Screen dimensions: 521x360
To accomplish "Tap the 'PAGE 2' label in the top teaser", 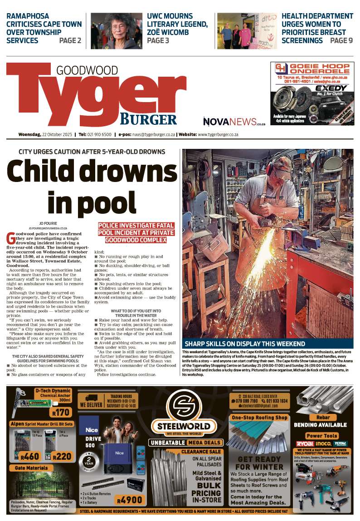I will (70, 41).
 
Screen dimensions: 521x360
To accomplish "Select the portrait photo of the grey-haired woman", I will (117, 31).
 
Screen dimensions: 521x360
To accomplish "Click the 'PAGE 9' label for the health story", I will (341, 41).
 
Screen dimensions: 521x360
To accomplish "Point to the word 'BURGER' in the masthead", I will (148, 119).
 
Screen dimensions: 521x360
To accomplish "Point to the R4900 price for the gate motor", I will (129, 500).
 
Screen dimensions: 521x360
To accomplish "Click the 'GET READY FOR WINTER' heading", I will (259, 463).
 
